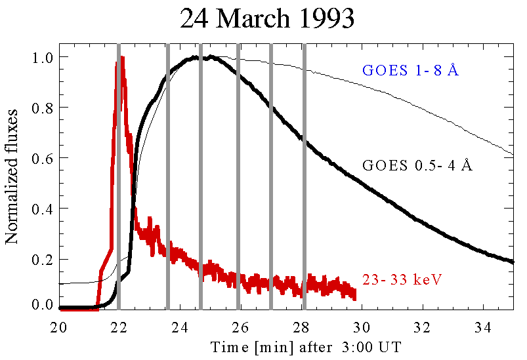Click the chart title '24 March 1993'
[x=267, y=19]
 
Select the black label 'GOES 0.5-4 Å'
[x=417, y=166]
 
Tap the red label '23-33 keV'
[x=402, y=280]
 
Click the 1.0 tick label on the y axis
[x=43, y=58]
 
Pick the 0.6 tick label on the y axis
[x=43, y=157]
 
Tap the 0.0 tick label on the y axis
[x=43, y=305]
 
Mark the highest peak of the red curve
[x=122, y=58]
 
